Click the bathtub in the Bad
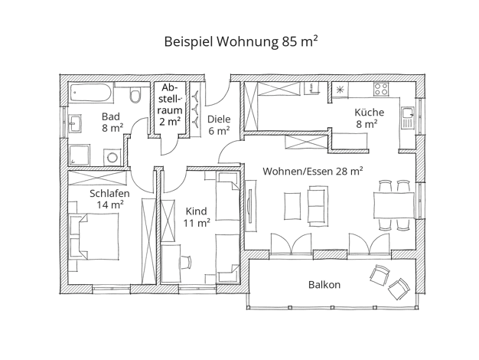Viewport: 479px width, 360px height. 91,93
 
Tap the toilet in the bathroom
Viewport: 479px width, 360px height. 135,94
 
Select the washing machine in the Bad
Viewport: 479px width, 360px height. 112,158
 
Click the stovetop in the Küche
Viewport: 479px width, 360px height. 381,89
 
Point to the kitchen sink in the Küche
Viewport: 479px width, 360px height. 407,118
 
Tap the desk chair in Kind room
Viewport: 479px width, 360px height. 184,262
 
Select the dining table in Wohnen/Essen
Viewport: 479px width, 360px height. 394,205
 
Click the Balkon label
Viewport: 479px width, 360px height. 324,285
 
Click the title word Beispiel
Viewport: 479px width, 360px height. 188,41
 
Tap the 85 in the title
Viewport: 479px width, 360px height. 289,41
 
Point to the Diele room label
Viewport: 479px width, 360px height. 219,119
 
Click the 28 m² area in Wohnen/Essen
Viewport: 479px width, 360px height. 350,171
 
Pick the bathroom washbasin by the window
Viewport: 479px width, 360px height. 75,123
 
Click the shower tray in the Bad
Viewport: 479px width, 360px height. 80,155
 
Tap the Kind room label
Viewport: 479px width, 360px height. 196,211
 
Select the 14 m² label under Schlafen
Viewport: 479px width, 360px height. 110,205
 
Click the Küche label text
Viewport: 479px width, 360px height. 369,112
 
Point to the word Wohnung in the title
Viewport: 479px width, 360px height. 247,42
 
